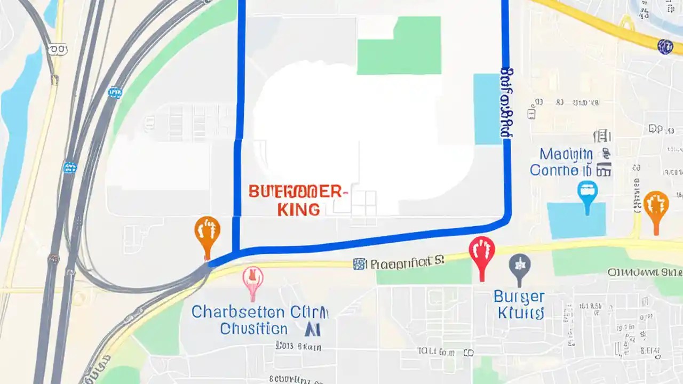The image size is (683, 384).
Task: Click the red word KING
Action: pos(299,209)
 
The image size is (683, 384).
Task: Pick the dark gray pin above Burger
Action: pos(520,266)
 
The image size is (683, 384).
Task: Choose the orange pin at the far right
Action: pos(656,207)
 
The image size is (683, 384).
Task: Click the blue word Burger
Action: pos(519,297)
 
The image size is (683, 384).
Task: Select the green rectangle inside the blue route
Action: pos(399,45)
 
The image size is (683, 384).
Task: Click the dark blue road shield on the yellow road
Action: pos(665,47)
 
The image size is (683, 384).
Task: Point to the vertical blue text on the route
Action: pos(507,102)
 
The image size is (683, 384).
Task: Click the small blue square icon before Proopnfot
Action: pos(360,263)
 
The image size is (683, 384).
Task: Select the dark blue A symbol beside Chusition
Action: pos(312,329)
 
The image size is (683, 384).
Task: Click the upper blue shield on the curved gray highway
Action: pos(114,93)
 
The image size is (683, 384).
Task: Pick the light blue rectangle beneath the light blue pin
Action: pos(576,220)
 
